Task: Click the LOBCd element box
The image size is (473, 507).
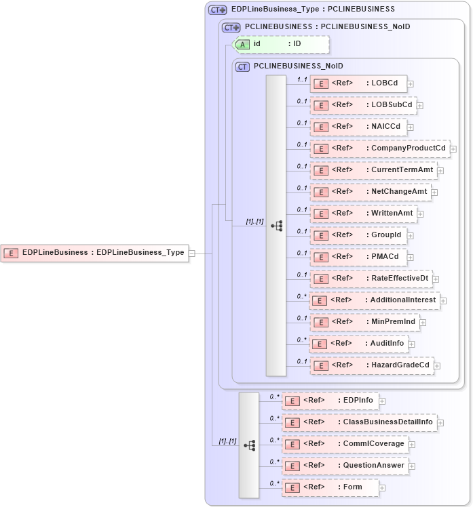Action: [358, 83]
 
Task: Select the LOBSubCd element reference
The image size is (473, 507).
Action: [363, 105]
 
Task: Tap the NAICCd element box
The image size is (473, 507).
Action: [358, 127]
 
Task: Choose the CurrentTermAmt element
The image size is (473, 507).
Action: [374, 170]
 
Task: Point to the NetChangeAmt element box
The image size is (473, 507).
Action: [371, 192]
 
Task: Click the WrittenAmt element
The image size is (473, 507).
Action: [363, 214]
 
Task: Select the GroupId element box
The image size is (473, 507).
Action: [358, 235]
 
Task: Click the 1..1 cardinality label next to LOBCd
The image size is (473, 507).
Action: [302, 79]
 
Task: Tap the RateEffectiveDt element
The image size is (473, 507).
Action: [371, 278]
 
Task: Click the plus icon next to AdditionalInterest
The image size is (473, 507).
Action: [443, 300]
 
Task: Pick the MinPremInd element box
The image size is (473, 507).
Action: [364, 321]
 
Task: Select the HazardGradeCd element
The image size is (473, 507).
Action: [372, 365]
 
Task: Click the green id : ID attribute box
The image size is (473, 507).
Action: [281, 44]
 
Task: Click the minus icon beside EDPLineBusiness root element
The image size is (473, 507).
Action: [191, 253]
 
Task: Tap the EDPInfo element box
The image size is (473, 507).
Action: [330, 401]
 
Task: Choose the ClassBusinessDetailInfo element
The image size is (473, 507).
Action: [358, 422]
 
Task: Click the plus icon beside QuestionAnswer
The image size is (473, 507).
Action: [412, 466]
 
